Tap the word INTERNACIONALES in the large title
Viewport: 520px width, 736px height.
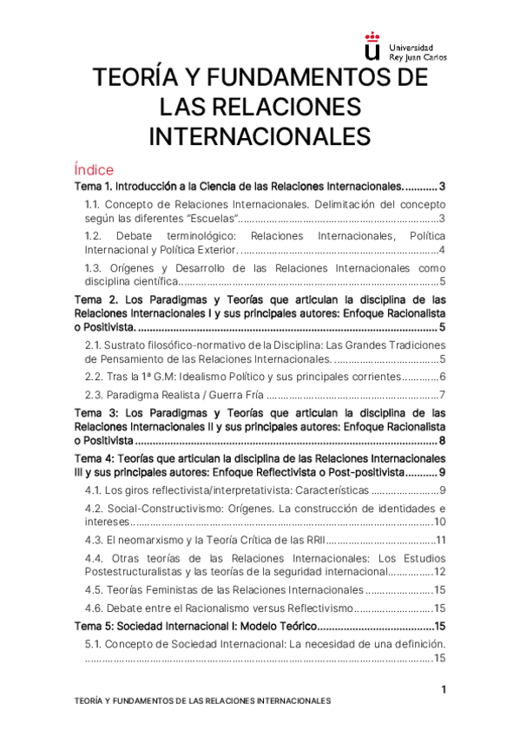click(260, 136)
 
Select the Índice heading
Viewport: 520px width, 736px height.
click(94, 170)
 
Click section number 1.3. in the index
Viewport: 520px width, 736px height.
click(96, 268)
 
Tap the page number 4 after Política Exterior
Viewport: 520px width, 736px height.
click(442, 250)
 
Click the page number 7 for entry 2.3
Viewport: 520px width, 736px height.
click(442, 396)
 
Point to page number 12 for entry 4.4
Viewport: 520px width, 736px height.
click(439, 572)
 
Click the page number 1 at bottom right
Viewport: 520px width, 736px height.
click(444, 689)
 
